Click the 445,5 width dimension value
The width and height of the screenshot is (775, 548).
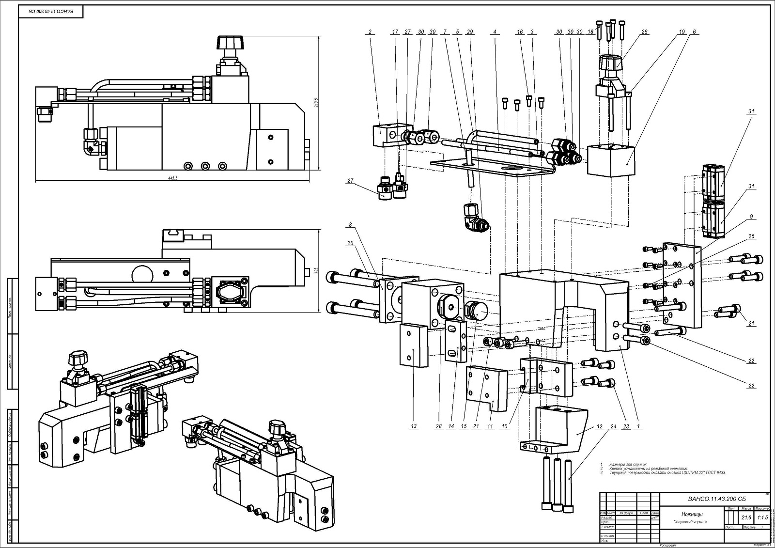tap(173, 178)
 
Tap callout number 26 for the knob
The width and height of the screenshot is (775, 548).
tap(644, 32)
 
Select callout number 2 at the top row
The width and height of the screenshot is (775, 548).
tap(370, 32)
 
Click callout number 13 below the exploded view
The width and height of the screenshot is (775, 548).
tap(414, 426)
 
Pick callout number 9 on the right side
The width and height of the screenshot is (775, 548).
tap(751, 217)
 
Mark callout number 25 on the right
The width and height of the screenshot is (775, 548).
tap(751, 236)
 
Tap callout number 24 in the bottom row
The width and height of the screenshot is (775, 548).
tap(613, 426)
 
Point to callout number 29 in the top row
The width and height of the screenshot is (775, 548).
tap(469, 32)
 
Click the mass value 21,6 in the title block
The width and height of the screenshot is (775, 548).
tap(746, 517)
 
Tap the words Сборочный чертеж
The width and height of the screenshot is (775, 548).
tap(691, 522)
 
